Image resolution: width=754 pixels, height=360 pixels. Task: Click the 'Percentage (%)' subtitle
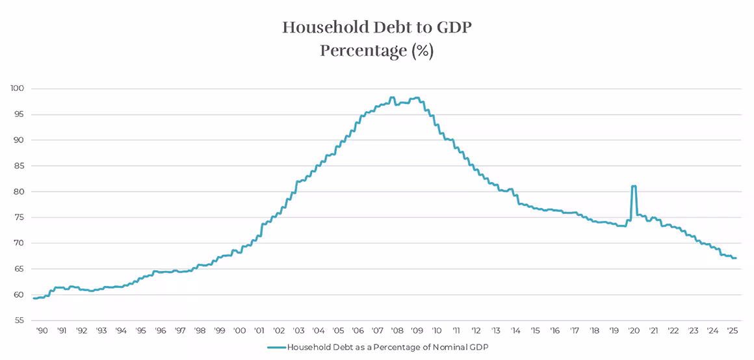coord(376,51)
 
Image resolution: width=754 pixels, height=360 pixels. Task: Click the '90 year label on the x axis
coord(42,330)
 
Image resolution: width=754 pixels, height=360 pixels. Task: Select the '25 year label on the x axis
coord(731,330)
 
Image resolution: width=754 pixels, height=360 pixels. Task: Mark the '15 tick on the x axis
coord(534,330)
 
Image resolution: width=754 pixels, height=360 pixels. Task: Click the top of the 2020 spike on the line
coord(633,186)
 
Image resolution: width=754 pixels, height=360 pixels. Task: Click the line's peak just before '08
coord(392,97)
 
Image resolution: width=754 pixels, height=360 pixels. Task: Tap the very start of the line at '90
coord(34,298)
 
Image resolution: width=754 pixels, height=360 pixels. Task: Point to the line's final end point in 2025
coord(736,258)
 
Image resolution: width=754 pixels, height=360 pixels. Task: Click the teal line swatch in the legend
coord(276,348)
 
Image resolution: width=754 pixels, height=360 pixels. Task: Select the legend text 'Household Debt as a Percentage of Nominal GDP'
coord(387,348)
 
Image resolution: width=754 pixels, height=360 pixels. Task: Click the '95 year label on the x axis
coord(140,330)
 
